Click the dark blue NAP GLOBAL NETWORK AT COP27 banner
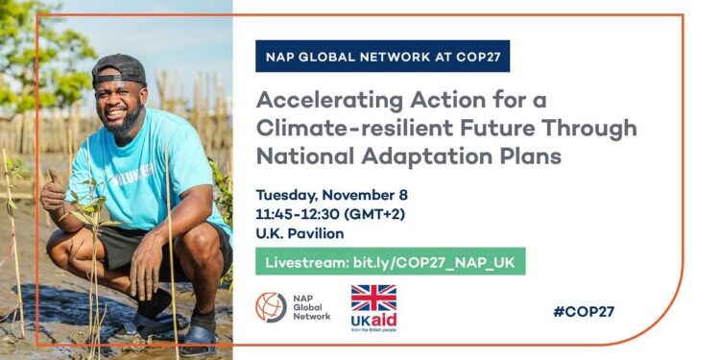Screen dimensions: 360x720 (x=382, y=56)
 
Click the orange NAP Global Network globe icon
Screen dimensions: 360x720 (x=271, y=307)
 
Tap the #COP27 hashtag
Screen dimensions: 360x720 (x=583, y=311)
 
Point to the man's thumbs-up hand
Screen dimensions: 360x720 (x=53, y=192)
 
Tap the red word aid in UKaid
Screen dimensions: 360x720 (x=384, y=320)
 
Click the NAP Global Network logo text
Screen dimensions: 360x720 (x=310, y=307)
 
